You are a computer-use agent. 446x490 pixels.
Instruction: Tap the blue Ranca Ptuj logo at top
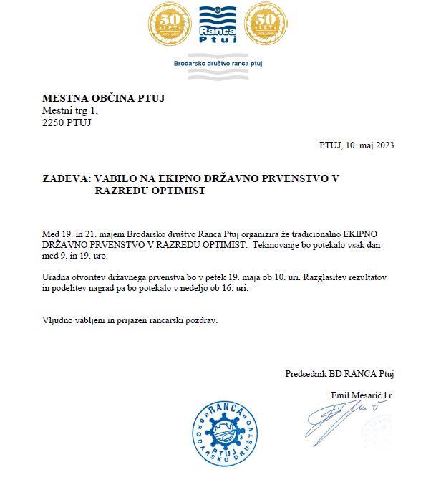[x=218, y=28]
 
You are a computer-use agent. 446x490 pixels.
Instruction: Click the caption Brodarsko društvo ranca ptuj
[x=218, y=64]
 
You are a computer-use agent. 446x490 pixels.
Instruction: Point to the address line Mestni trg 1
[x=69, y=110]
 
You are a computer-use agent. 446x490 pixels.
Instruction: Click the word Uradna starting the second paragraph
[x=57, y=276]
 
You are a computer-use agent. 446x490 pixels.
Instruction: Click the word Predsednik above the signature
[x=307, y=373]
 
